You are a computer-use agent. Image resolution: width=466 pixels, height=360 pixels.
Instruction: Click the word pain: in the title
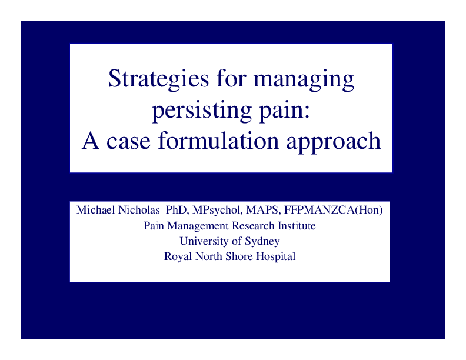point(280,112)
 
